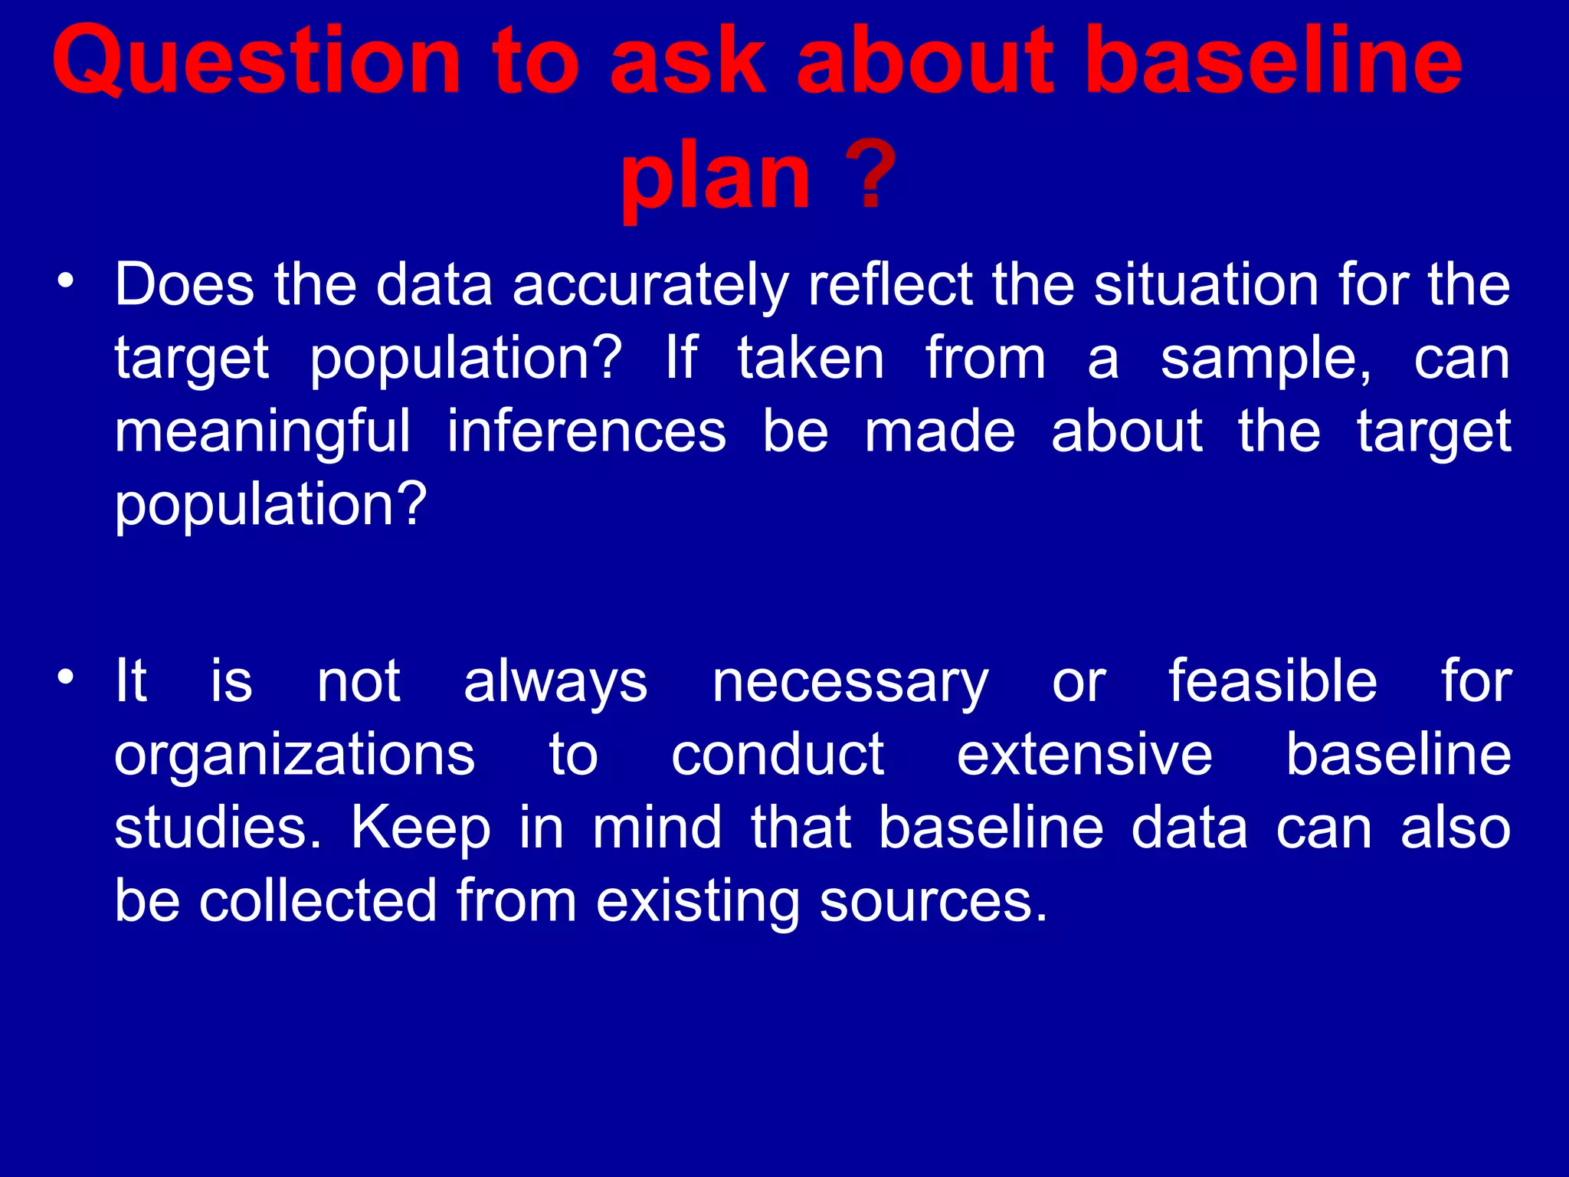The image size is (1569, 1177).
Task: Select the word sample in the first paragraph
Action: tap(1264, 359)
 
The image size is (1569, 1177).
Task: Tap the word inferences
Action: tap(586, 431)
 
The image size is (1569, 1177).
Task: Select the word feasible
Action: tap(1273, 680)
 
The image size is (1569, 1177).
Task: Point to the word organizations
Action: tap(294, 756)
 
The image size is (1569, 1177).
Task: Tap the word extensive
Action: tap(1084, 754)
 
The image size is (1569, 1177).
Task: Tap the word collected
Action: tap(319, 900)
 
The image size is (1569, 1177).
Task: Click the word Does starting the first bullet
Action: tap(184, 285)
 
